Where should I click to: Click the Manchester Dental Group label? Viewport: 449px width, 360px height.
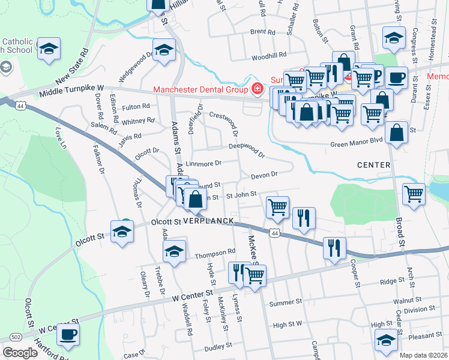(200, 90)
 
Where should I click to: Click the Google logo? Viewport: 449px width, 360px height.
(20, 353)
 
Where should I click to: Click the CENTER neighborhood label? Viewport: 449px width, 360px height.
(373, 164)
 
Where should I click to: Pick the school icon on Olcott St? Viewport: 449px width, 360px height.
(122, 232)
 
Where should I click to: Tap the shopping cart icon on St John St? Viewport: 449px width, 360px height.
(277, 208)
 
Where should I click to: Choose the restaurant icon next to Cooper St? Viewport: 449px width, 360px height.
(334, 247)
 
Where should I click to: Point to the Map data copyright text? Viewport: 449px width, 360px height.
(423, 355)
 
